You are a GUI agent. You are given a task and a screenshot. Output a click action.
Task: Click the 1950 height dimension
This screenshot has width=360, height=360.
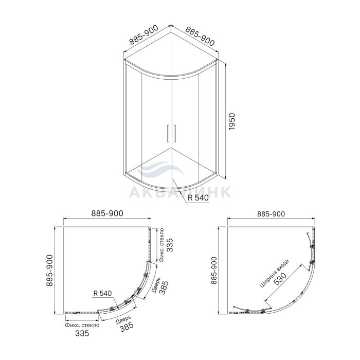(x=232, y=121)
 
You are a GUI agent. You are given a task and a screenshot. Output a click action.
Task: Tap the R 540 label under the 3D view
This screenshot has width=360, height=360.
(x=198, y=197)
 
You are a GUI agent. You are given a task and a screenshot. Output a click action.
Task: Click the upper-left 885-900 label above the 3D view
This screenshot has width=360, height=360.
(x=144, y=34)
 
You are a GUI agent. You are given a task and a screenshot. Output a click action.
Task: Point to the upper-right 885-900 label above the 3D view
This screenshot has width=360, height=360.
(x=200, y=36)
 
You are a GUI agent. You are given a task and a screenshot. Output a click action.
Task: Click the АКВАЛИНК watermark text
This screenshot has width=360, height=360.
(x=179, y=192)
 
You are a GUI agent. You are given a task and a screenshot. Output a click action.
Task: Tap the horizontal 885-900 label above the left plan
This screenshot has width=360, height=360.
(x=107, y=213)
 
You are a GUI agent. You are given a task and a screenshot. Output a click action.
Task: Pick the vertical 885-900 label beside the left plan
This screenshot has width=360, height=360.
(x=49, y=271)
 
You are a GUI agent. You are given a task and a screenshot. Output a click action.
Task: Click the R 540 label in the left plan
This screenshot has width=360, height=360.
(x=103, y=293)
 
